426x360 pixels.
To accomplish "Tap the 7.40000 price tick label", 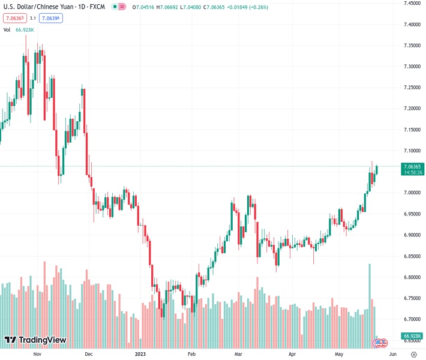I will coord(412,25).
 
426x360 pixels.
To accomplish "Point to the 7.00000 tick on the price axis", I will coord(412,193).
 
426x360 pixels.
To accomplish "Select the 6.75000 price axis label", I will coord(412,298).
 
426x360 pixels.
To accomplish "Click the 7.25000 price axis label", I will coord(412,88).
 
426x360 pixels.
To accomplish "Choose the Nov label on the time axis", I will coord(37,354).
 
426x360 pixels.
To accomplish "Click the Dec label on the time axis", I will coord(88,354).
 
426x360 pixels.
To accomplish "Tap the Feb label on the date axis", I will coord(191,354).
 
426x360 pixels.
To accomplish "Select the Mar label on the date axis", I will coord(238,354).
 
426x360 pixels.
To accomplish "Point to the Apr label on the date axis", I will coord(292,354).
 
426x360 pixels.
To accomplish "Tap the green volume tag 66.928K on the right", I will coord(412,335).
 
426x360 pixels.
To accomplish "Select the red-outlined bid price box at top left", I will coord(13,18).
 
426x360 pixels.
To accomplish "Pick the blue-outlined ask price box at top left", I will coord(52,18).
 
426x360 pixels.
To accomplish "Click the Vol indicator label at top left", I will coord(7,29).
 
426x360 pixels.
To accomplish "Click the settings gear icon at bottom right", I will coord(413,354).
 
